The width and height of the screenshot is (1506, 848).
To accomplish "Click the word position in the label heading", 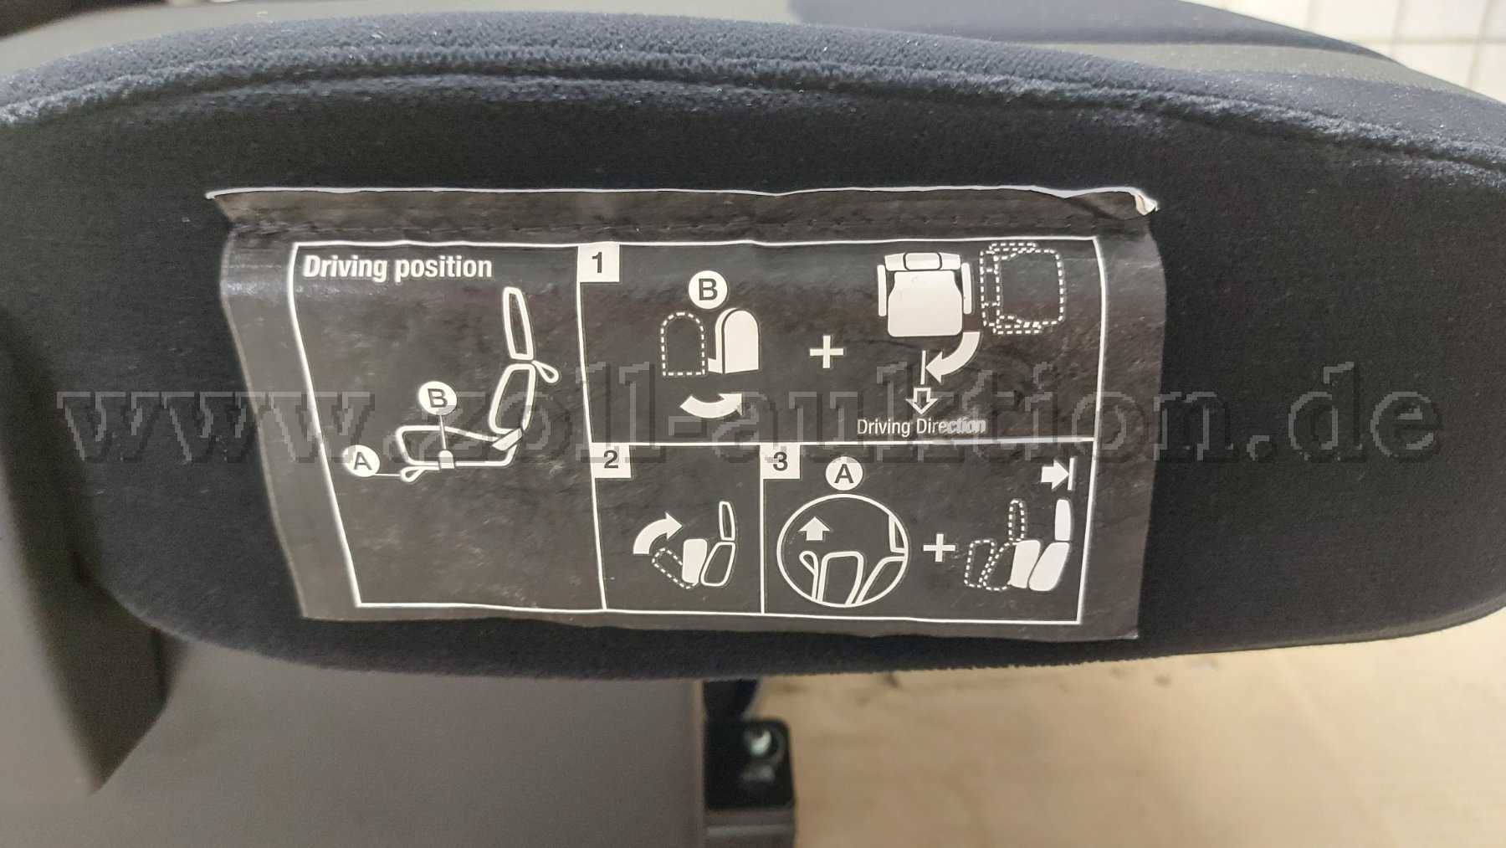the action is click(443, 268).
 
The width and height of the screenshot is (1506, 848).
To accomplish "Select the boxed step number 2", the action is click(611, 459).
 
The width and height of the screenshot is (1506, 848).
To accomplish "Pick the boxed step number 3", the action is click(781, 462).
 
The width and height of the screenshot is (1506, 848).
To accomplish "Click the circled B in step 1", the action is click(708, 290).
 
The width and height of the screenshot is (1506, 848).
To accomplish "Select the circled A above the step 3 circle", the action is click(844, 475).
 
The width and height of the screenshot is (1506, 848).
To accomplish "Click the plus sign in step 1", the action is click(827, 353).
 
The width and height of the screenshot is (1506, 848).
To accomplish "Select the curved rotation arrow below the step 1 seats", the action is click(710, 406).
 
